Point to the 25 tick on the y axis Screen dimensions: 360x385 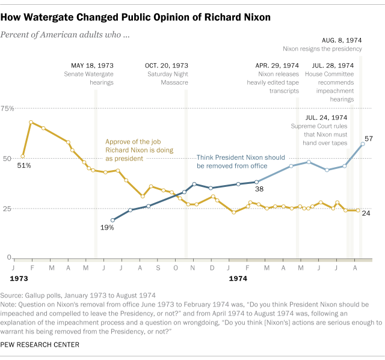[9, 209]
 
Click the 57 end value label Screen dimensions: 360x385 [369, 139]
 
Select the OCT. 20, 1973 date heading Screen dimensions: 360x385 [167, 65]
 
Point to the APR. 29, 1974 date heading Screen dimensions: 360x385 [277, 65]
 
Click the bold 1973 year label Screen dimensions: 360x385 [19, 279]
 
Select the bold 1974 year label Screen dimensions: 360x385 [239, 279]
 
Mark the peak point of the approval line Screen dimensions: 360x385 [31, 122]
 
